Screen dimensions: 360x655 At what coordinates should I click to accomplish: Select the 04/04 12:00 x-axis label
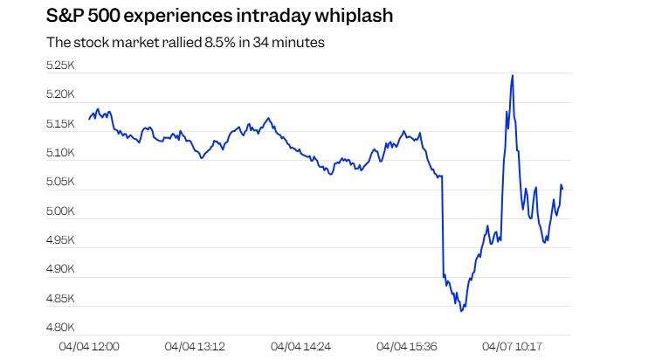tap(89, 347)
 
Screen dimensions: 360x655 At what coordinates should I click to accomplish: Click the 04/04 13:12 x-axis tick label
tap(195, 347)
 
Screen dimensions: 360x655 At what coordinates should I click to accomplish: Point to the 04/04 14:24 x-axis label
tap(300, 347)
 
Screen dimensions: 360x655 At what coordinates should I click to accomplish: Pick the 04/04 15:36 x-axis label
tap(406, 347)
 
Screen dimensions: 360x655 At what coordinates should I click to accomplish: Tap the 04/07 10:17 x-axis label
tap(512, 347)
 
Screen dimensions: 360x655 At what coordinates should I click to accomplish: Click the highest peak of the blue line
tap(512, 76)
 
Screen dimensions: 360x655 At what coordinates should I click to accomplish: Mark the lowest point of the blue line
tap(460, 310)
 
